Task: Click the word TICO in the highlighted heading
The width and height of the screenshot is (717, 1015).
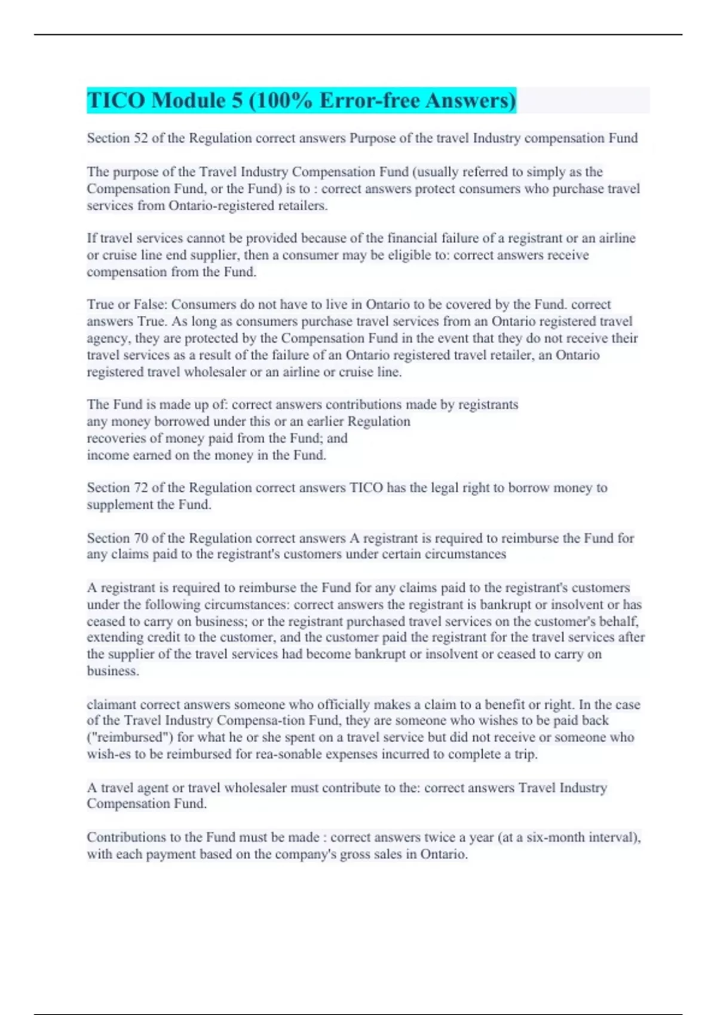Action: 116,100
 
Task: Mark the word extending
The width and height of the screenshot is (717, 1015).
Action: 115,638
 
